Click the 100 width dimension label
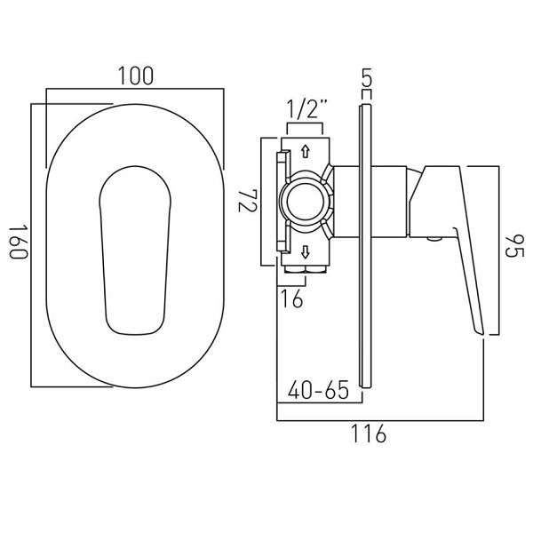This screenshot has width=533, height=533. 136,76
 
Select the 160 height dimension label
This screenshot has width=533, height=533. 18,242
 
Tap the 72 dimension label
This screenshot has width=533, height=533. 246,202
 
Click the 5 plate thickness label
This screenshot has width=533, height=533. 367,77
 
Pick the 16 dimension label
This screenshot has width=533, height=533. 292,298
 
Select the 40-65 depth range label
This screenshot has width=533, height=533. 319,390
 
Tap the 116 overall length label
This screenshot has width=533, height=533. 369,434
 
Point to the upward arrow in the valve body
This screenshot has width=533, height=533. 306,152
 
